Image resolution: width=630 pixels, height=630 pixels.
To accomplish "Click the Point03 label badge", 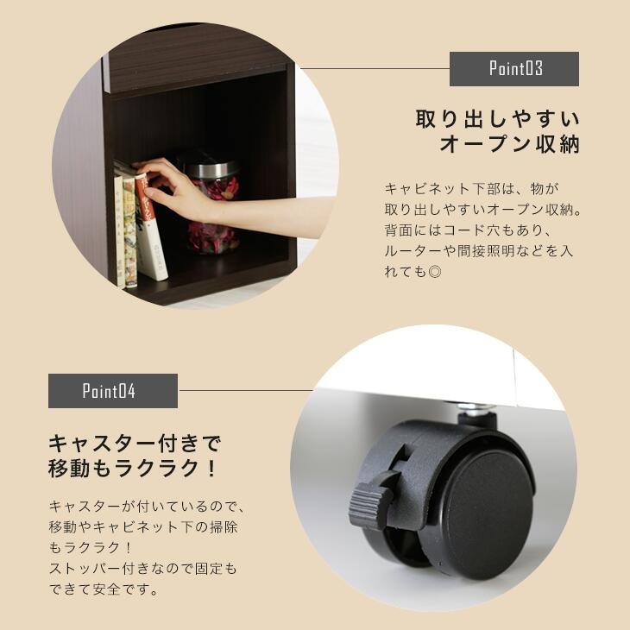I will pos(514,69).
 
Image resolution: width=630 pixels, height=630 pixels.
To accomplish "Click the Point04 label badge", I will pos(113,391).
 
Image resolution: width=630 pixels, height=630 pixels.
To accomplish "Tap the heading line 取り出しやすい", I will pos(497,117).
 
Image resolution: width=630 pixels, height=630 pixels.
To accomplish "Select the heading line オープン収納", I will pos(509,145).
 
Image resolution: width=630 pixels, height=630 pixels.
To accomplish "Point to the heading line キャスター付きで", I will pos(135,444).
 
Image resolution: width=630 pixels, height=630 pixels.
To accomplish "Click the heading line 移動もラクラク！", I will pos(135,470).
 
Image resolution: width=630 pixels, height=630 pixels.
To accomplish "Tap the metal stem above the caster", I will pos(476,415).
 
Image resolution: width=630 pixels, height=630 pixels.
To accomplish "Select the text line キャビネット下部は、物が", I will pos(472,188).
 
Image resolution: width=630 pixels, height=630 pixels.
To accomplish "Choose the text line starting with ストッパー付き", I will pos(142,569).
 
